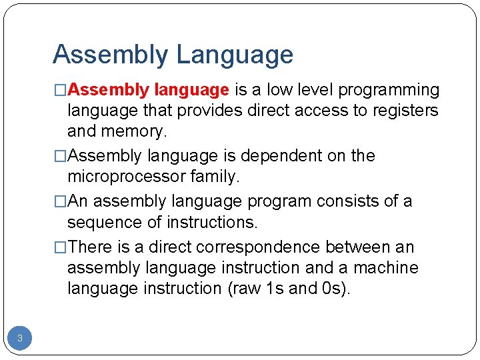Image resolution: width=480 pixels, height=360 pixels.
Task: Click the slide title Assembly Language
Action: pyautogui.click(x=173, y=55)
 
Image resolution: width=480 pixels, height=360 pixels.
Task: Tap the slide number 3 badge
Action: pyautogui.click(x=20, y=339)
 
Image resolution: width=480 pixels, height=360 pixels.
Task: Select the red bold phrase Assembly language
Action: pyautogui.click(x=149, y=90)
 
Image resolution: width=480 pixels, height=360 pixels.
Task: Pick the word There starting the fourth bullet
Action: pyautogui.click(x=92, y=247)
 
